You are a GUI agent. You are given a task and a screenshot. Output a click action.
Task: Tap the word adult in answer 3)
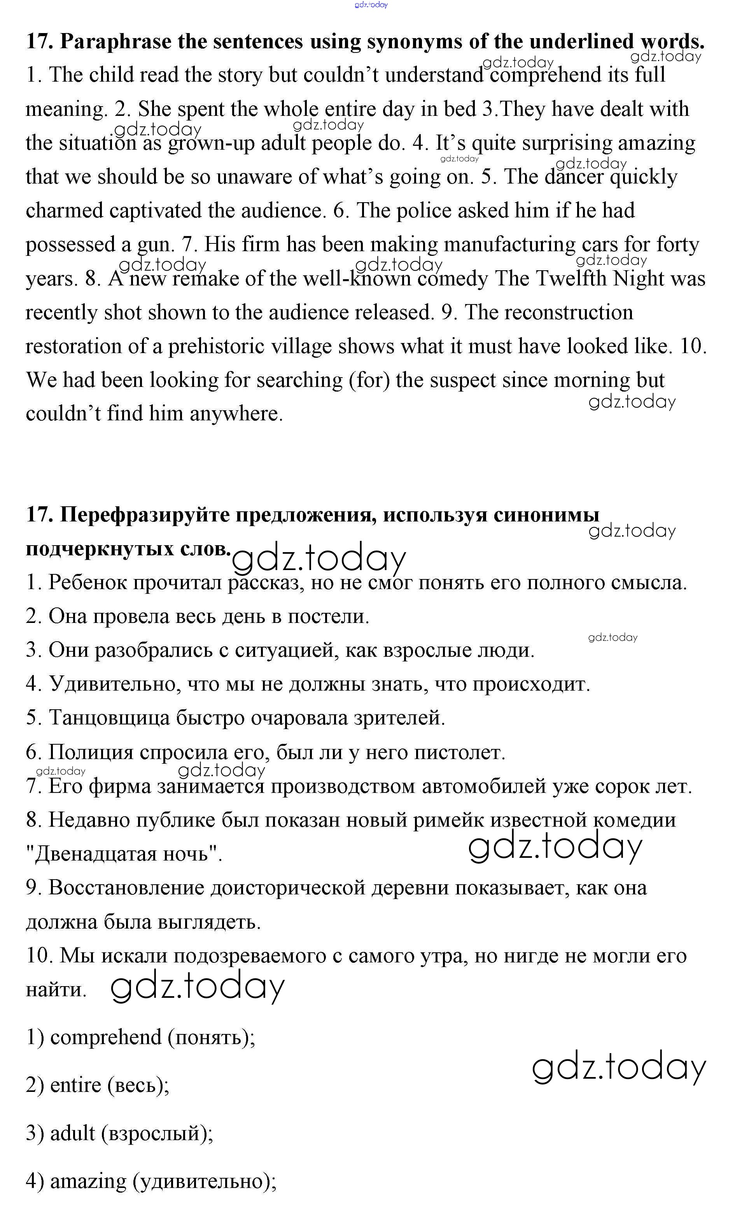coord(72,1133)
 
